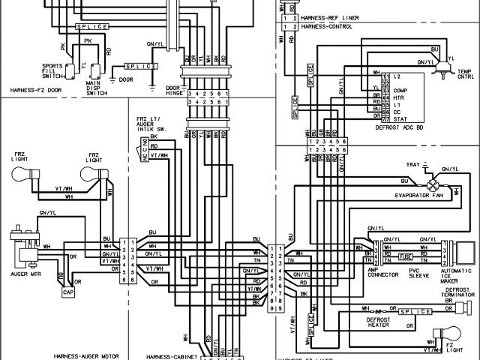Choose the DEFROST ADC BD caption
(403, 128)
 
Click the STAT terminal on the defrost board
(400, 118)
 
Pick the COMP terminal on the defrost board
(400, 91)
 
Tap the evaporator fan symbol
(431, 184)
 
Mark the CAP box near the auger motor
(68, 292)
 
